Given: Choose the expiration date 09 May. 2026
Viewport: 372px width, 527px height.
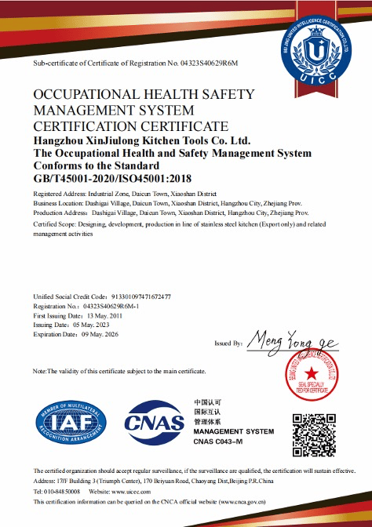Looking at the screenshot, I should tap(102, 333).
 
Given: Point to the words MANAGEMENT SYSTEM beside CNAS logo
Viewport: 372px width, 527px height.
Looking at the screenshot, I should tap(233, 432).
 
